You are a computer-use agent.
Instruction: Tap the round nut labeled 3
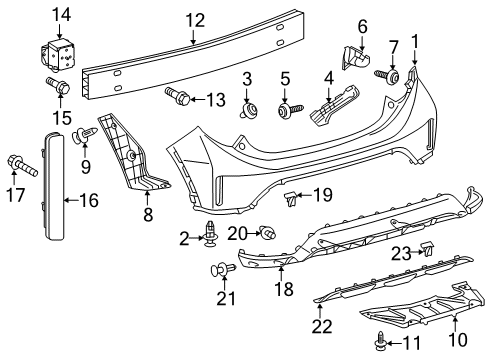(x=245, y=109)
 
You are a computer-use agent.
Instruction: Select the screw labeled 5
(x=285, y=109)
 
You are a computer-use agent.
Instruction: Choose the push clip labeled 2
(x=212, y=237)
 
